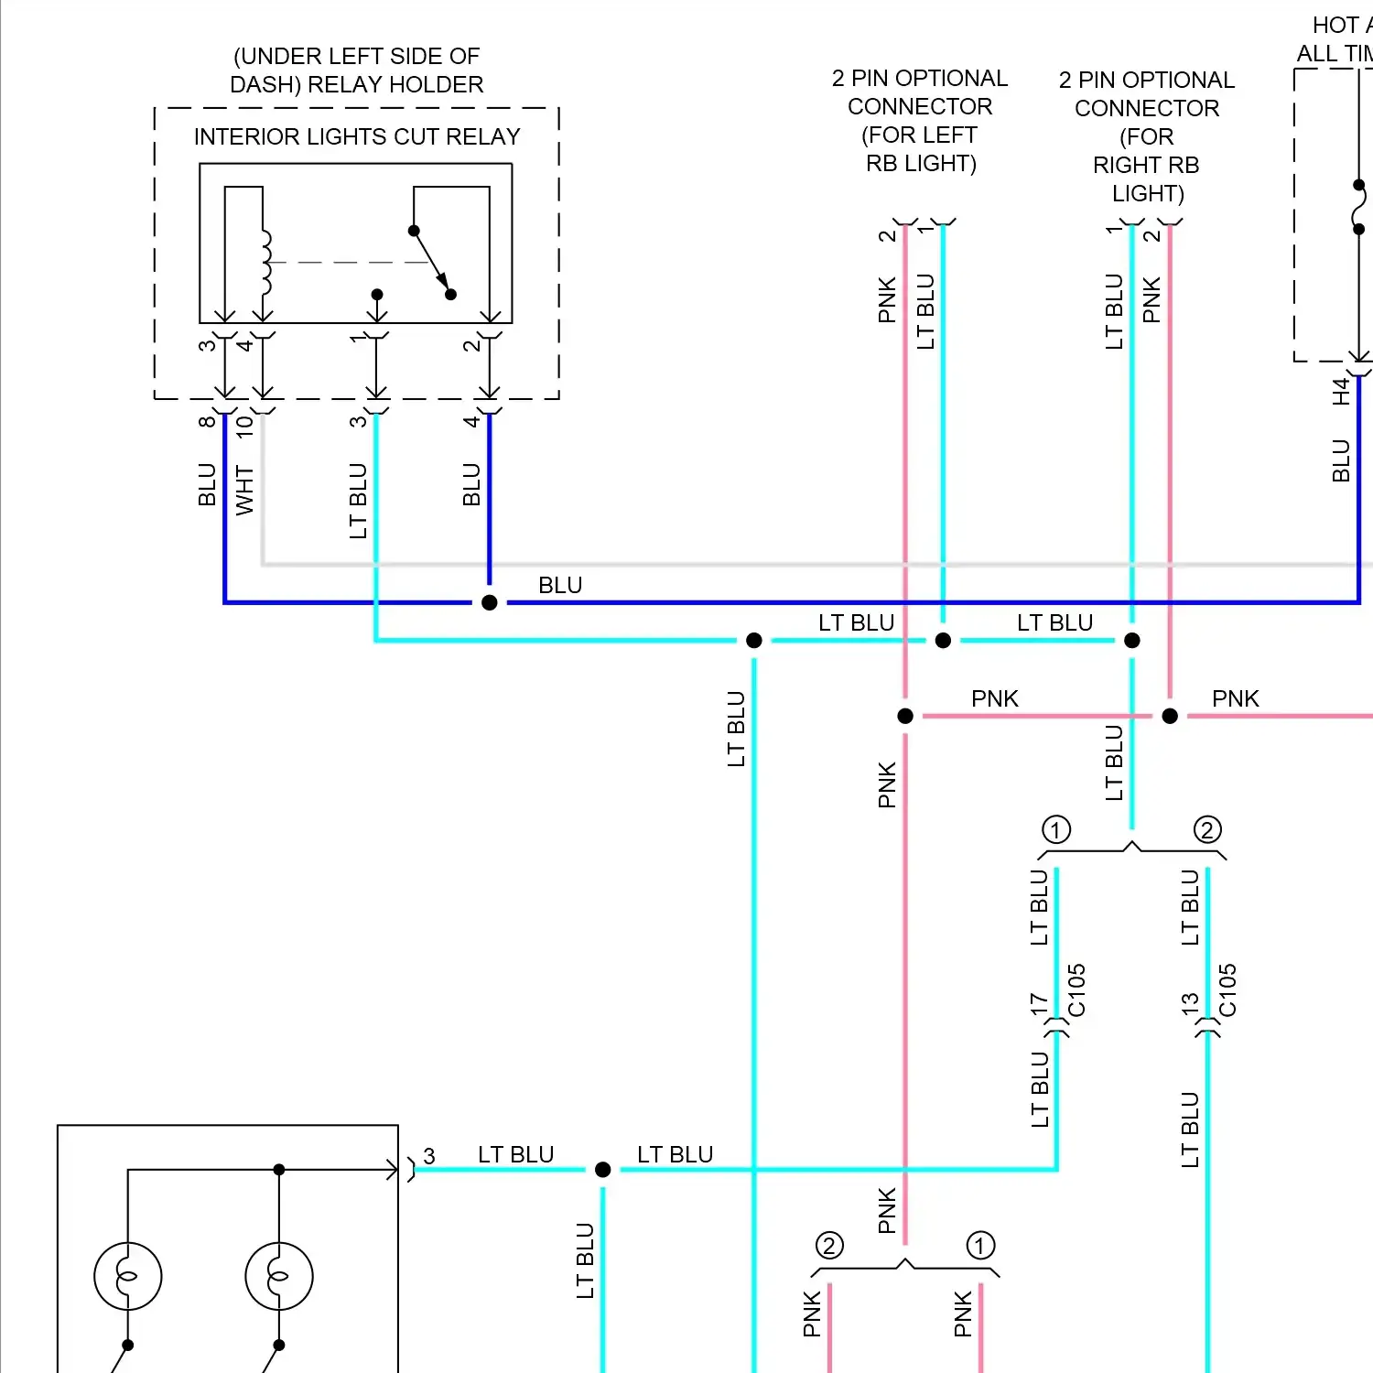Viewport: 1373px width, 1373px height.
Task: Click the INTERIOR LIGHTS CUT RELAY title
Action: (x=356, y=136)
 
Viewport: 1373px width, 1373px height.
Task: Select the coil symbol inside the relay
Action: (x=265, y=263)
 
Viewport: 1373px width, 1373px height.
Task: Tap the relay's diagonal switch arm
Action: (x=431, y=262)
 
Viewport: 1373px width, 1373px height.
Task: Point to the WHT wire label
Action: (x=244, y=490)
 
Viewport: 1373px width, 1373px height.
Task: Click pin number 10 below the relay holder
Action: (x=244, y=426)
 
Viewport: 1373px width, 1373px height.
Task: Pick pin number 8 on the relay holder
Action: (x=207, y=421)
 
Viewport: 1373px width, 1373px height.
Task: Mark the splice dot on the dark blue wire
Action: (x=490, y=602)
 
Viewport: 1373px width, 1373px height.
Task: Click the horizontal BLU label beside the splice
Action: (x=560, y=585)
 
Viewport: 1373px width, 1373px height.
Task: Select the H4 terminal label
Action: (x=1341, y=392)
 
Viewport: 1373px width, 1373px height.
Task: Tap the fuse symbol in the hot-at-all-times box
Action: (x=1359, y=208)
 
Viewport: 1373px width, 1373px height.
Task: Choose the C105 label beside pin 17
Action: (x=1077, y=990)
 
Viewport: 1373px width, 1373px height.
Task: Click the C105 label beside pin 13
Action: (x=1228, y=990)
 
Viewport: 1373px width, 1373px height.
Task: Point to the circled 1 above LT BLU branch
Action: (x=1056, y=830)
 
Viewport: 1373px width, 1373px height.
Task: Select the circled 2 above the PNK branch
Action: (x=829, y=1246)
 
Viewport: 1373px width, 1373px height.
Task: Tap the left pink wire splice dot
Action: (x=905, y=716)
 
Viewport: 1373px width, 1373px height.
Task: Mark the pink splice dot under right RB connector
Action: (x=1170, y=716)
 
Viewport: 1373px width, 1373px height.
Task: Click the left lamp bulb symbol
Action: (x=128, y=1276)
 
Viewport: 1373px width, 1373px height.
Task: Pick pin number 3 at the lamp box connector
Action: (x=429, y=1156)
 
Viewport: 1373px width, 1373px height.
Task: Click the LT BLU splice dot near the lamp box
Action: (x=603, y=1170)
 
